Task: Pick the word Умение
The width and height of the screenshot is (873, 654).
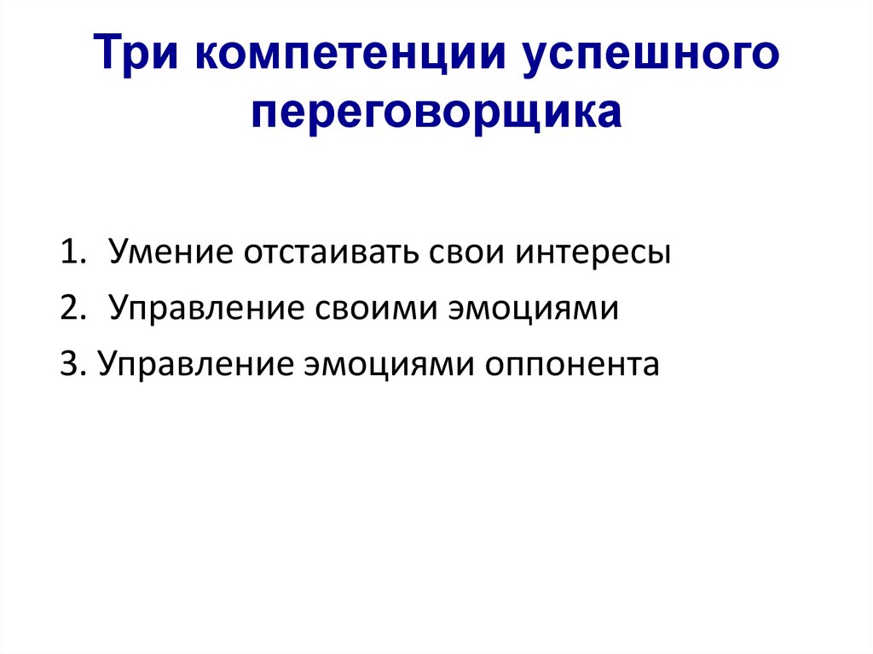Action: click(x=171, y=252)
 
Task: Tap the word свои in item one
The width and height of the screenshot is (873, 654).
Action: click(x=466, y=253)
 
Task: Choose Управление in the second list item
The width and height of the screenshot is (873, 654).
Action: click(x=206, y=309)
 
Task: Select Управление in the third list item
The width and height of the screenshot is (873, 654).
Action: click(x=195, y=365)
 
